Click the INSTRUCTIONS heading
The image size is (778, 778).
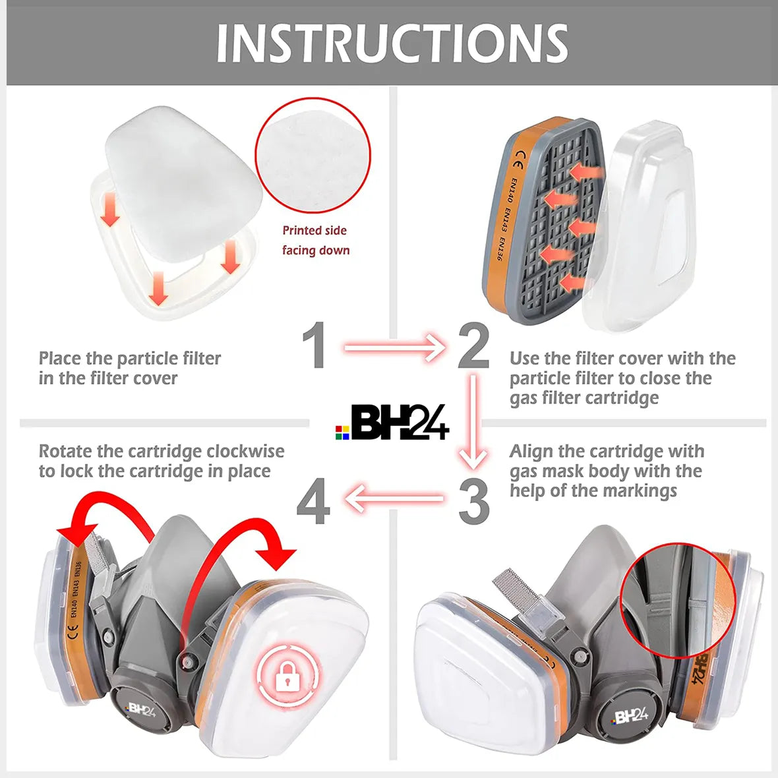392,44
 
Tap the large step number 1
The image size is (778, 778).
314,345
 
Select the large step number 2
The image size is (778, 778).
474,345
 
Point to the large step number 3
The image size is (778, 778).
474,502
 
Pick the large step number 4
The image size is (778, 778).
313,502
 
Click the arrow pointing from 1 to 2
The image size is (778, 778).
394,347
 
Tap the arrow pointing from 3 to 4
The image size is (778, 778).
394,498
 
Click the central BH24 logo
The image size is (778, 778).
392,423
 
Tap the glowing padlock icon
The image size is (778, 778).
285,676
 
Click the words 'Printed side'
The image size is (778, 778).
314,231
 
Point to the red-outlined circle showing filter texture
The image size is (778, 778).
313,156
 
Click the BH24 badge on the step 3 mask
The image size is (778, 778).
630,716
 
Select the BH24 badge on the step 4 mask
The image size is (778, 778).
141,710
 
